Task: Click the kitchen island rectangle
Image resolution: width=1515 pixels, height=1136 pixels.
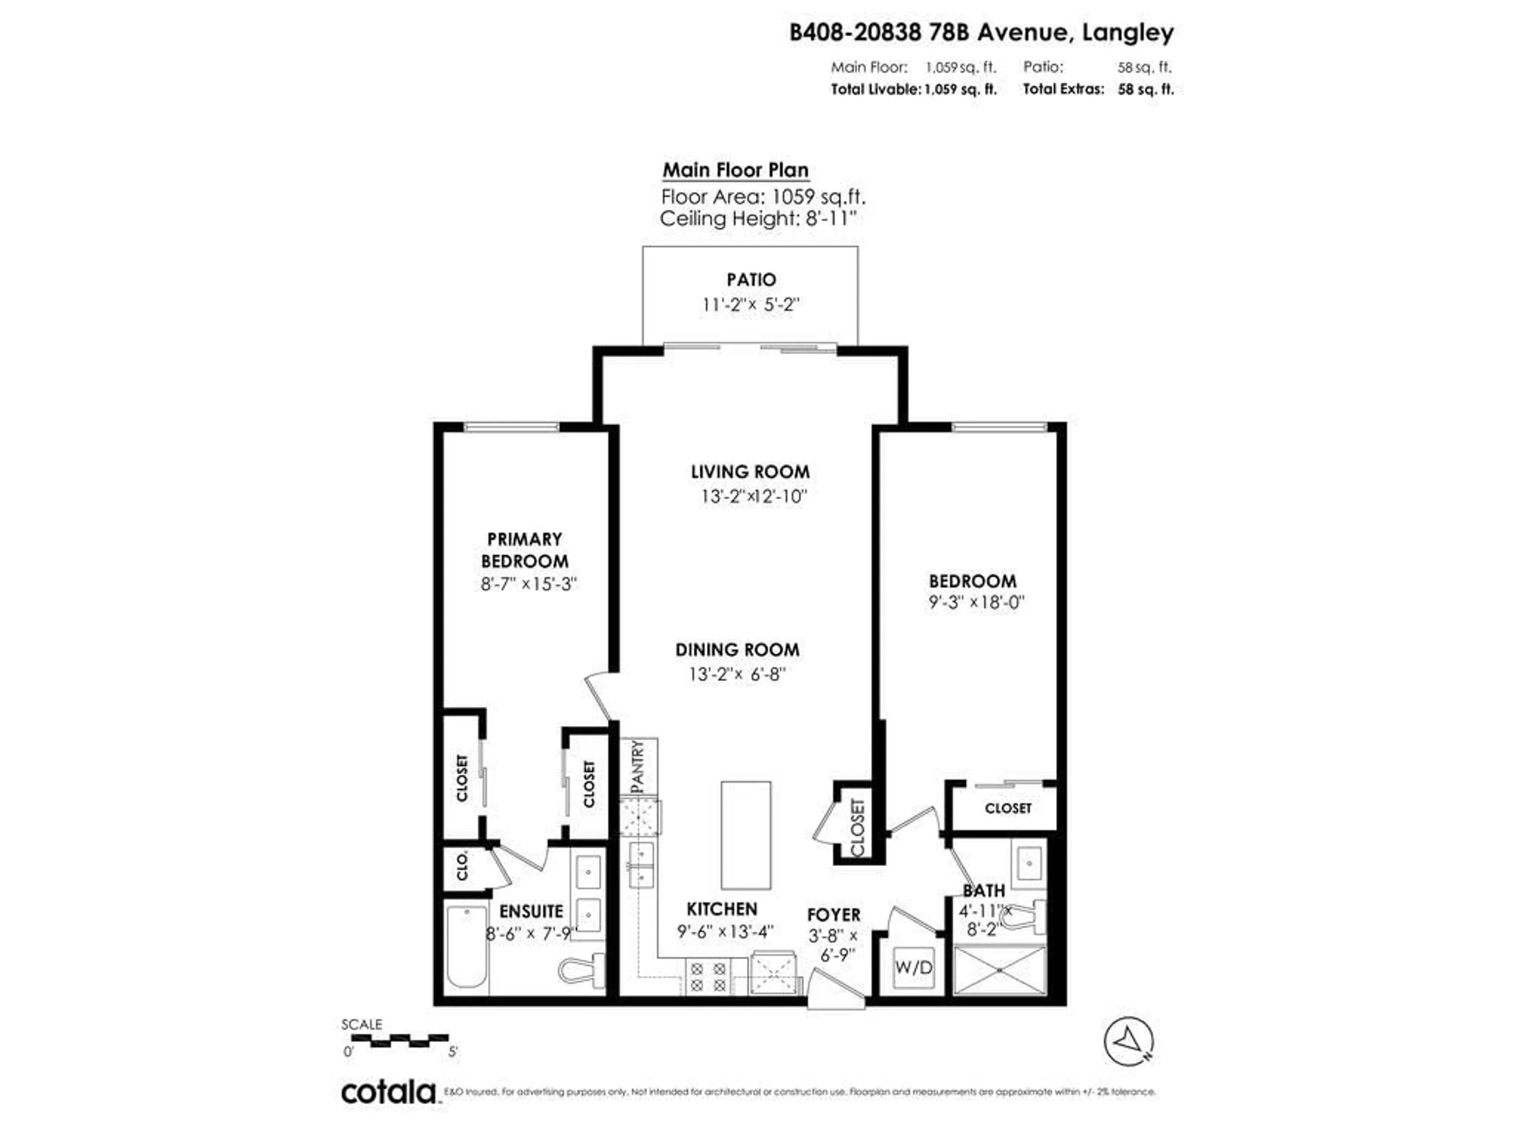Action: (746, 835)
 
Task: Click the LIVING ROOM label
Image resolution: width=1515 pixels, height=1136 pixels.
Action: (750, 472)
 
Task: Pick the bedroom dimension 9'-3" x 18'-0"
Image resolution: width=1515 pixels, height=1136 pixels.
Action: (976, 603)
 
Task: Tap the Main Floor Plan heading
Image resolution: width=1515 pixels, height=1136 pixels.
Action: (735, 170)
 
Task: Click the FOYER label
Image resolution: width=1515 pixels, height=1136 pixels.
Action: (834, 915)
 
